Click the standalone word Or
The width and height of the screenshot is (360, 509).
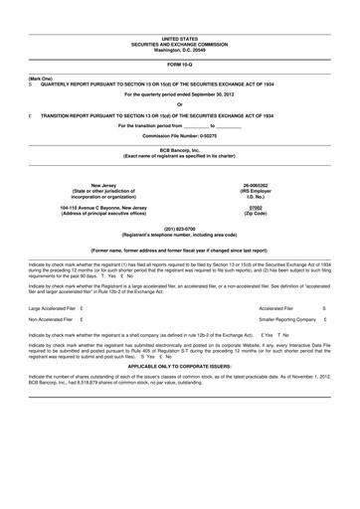point(179,105)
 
